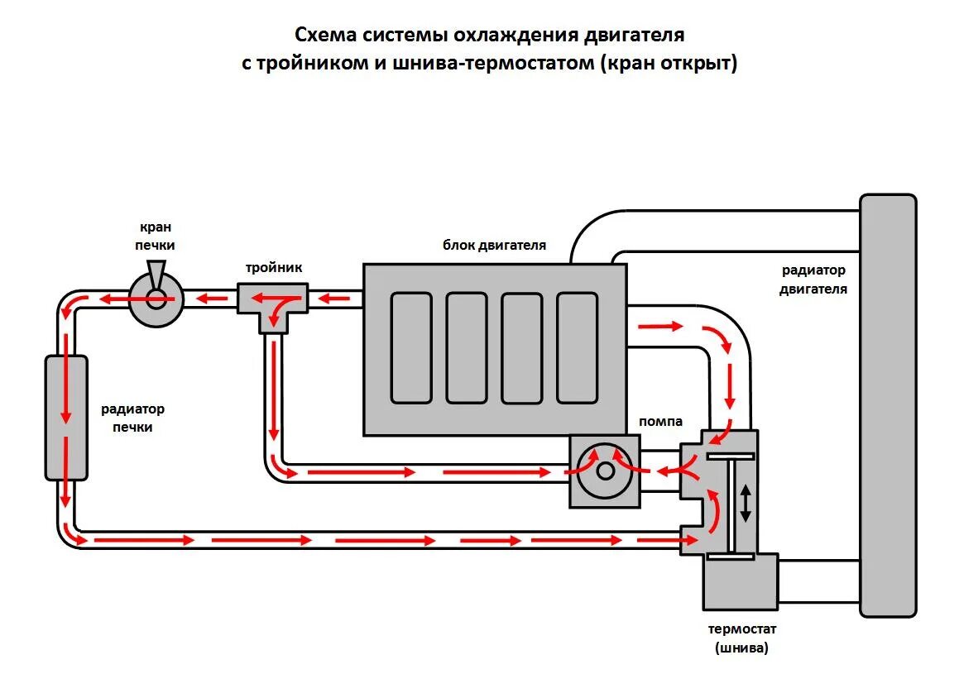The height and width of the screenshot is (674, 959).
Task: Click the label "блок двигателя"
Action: [x=494, y=246]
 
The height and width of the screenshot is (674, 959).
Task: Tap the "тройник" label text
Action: [x=273, y=268]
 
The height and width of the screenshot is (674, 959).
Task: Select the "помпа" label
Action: [x=660, y=422]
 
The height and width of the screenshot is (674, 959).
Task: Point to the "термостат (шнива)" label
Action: [x=741, y=638]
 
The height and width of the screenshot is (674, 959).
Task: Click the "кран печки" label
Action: [x=156, y=236]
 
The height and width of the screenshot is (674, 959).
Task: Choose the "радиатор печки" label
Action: [x=132, y=418]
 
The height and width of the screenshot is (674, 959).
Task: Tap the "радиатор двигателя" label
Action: [x=813, y=280]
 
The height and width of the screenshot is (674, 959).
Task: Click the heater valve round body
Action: [x=156, y=299]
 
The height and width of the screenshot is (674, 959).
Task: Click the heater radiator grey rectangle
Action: [x=67, y=418]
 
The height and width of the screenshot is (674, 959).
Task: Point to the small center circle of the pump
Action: [x=606, y=471]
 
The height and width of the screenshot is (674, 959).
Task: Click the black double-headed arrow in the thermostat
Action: [x=745, y=503]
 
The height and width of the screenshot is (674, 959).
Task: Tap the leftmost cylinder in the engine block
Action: [x=411, y=347]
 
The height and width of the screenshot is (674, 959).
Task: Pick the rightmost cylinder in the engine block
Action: [x=578, y=347]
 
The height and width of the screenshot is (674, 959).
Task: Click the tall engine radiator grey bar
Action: [x=888, y=405]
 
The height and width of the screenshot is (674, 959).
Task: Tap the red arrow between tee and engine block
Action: [x=334, y=299]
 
